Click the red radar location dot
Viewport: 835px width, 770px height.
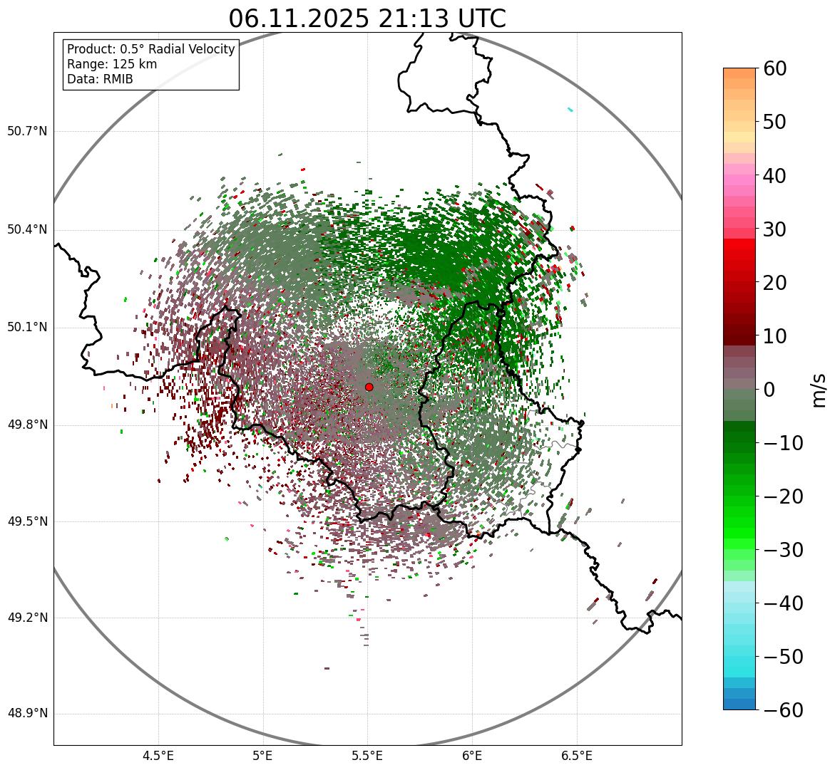coord(369,387)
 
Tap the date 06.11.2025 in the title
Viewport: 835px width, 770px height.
coord(299,19)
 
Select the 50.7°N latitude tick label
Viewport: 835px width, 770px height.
coord(26,131)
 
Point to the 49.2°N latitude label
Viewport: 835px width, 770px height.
coord(26,618)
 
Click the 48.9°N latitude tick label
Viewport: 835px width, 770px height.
coord(26,714)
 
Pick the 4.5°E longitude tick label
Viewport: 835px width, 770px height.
coord(158,755)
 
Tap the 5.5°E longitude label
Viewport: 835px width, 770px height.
coord(367,755)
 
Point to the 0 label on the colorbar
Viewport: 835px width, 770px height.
coord(769,390)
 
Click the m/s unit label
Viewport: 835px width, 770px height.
coord(819,390)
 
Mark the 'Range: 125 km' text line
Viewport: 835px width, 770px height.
coord(112,64)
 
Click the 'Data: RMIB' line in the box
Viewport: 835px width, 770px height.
coord(100,79)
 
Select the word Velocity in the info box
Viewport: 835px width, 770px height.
coord(210,49)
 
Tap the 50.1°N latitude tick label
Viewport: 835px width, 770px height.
coord(26,328)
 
